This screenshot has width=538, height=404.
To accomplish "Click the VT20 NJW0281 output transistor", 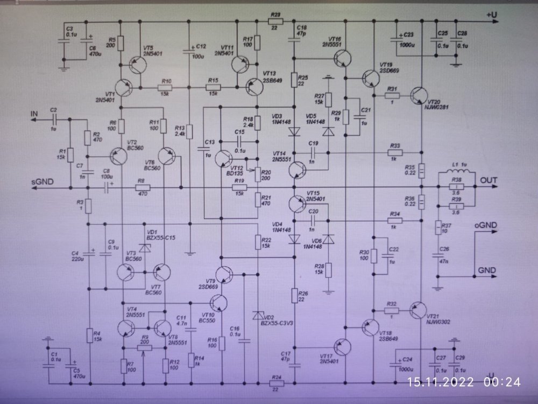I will tap(418, 95).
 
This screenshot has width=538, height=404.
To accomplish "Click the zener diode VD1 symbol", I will tap(144, 247).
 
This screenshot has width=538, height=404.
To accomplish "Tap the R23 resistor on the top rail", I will tap(275, 22).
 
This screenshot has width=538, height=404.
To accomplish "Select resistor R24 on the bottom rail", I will tap(276, 383).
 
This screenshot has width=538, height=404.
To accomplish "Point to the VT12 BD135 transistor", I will tap(224, 157).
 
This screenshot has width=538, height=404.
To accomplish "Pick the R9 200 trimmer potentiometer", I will tap(144, 347).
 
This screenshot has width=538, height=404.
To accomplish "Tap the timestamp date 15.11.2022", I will tap(441, 382).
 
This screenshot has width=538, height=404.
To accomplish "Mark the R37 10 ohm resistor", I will tap(437, 228).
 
